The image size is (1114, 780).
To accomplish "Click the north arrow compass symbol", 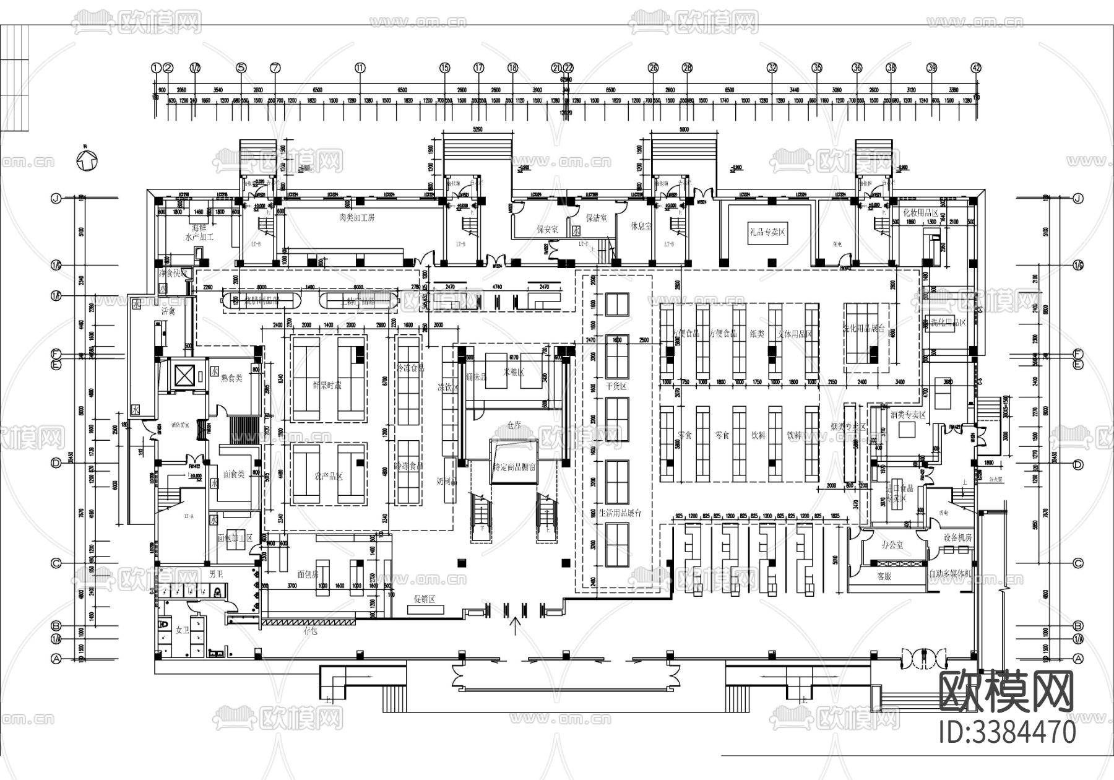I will [86, 160].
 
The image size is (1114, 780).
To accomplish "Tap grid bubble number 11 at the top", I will [360, 68].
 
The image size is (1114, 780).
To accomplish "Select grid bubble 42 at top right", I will [977, 68].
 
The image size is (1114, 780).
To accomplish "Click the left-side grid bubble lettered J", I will [56, 199].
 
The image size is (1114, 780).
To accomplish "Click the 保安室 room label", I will [547, 229].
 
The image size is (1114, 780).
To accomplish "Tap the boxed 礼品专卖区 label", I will [767, 232].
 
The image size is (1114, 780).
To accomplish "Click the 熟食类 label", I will [231, 378].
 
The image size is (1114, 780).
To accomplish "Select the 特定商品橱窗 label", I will [514, 467].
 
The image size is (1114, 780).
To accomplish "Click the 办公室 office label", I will [892, 545].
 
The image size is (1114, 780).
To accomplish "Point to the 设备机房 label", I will [957, 538].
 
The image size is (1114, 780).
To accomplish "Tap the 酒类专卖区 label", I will [908, 415].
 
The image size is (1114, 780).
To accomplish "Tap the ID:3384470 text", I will [1008, 732].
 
